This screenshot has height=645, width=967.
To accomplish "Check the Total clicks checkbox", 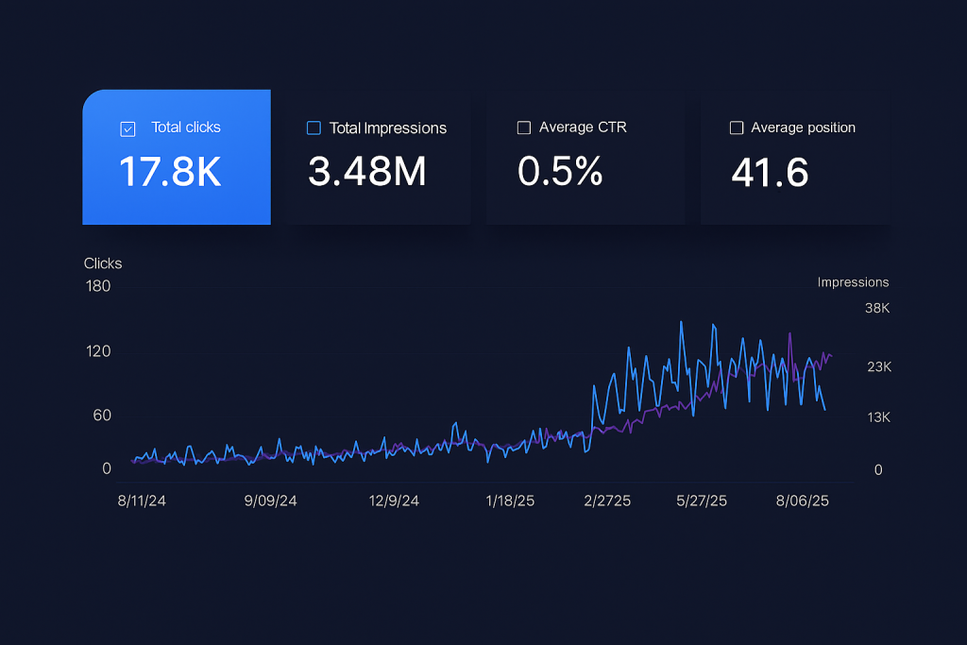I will [x=128, y=129].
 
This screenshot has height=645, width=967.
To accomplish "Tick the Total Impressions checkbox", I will [x=314, y=128].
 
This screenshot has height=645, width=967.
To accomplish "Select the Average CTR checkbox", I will [x=524, y=127].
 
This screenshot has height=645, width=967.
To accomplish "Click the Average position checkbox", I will [x=737, y=127].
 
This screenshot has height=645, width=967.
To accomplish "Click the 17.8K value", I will [x=170, y=173].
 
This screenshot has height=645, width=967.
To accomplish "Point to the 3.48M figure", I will [x=367, y=173].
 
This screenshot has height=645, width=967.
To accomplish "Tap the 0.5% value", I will [x=560, y=173].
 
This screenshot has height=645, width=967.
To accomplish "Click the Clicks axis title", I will [x=103, y=263].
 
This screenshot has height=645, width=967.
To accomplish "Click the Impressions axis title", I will [x=853, y=282].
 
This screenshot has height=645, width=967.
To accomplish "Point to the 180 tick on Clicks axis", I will [x=98, y=286].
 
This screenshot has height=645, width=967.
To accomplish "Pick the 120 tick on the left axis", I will [x=98, y=351].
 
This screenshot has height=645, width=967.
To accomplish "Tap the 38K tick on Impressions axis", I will [x=877, y=309].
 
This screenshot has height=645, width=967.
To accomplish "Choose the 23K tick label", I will [x=878, y=367].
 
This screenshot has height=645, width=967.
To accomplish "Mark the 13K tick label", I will [x=878, y=417].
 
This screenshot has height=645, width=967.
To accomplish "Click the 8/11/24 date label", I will [x=142, y=501].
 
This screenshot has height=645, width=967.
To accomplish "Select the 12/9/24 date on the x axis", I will [x=394, y=501].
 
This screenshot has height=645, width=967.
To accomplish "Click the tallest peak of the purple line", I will [x=789, y=333].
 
